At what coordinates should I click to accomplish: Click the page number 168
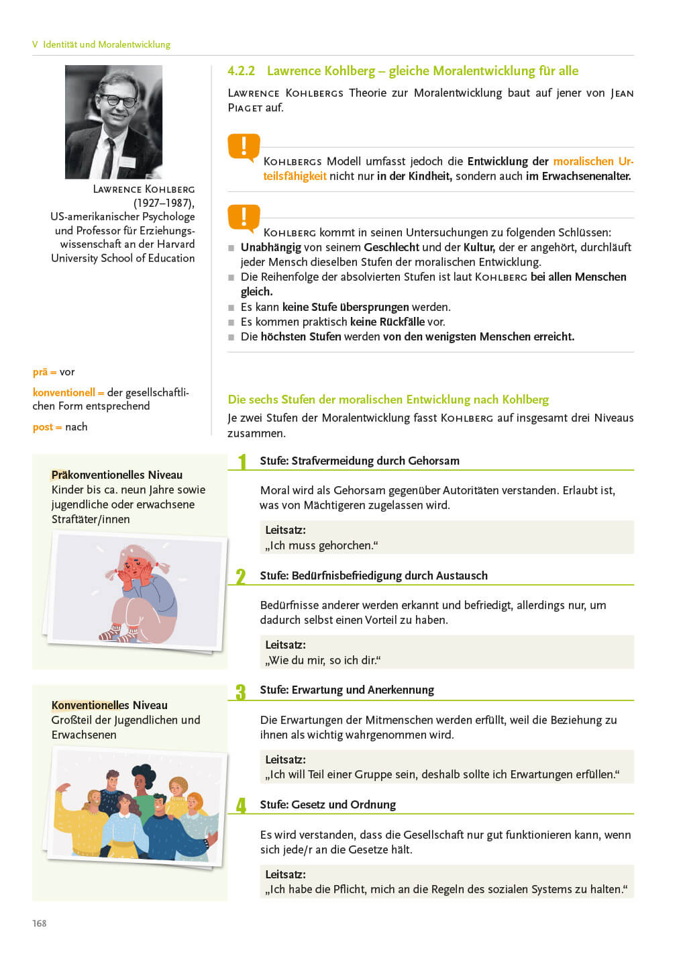click(x=40, y=923)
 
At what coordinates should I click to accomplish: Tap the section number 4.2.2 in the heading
click(x=241, y=71)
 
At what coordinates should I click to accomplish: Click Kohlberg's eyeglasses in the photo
click(x=119, y=101)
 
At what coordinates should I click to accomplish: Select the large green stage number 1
click(x=243, y=461)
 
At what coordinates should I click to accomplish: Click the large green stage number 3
click(x=241, y=692)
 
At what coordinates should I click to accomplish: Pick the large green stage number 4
click(x=241, y=806)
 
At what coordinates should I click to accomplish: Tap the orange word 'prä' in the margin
click(x=40, y=372)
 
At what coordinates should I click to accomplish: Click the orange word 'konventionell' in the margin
click(x=64, y=392)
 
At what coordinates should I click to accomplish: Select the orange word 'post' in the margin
click(x=42, y=427)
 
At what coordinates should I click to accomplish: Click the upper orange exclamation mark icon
click(x=244, y=147)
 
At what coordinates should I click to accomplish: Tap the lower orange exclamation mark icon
click(x=244, y=218)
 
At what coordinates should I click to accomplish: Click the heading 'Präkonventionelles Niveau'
click(x=117, y=475)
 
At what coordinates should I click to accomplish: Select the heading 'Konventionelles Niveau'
click(x=109, y=705)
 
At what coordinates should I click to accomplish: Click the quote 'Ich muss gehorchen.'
click(x=321, y=545)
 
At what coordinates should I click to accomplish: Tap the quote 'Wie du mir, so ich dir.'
click(x=323, y=660)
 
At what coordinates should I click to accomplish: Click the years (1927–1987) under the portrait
click(x=164, y=203)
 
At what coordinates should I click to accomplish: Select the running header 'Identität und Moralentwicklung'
click(x=107, y=44)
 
